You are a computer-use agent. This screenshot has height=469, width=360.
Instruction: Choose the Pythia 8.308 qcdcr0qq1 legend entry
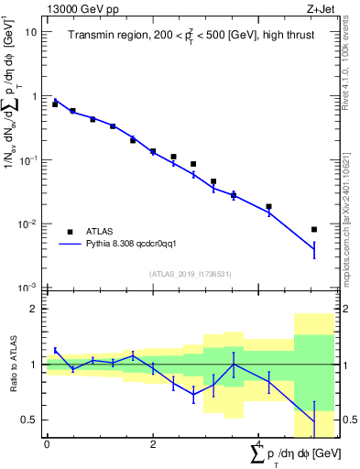(124, 245)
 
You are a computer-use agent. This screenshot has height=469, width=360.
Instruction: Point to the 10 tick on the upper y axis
(31, 32)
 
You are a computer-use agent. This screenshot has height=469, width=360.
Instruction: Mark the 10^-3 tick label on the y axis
(28, 288)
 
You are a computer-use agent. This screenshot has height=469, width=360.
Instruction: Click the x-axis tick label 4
(258, 444)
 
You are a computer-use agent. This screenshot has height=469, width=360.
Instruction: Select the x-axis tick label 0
(47, 444)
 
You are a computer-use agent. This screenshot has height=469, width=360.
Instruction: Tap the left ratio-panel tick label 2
(35, 310)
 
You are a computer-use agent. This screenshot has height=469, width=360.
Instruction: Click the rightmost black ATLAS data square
(314, 230)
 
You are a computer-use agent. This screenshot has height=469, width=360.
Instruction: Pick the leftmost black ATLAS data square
(55, 104)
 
